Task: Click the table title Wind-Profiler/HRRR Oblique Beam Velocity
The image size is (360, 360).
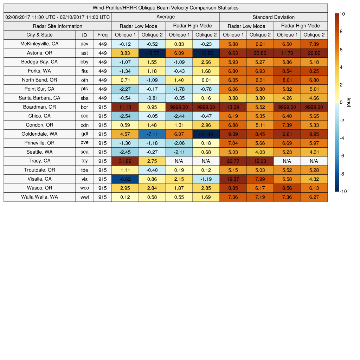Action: point(165,8)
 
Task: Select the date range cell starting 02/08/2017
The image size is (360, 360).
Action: point(58,17)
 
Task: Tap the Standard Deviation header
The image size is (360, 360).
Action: point(273,17)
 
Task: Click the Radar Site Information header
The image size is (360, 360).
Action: point(57,26)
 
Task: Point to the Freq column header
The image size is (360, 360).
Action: point(102,35)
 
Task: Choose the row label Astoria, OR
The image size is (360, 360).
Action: point(39,53)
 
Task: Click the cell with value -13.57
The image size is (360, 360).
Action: point(152,53)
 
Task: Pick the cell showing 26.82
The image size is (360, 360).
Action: point(314,53)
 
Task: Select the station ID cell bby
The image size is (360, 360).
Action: point(84,62)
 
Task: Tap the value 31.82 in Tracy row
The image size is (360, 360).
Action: point(125,161)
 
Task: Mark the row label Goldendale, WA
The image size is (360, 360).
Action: point(39,134)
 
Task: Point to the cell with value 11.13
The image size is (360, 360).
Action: point(125,107)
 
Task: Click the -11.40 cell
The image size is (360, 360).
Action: point(206,134)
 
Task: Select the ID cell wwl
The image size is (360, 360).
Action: point(84,197)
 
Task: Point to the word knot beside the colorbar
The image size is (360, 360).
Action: point(349,102)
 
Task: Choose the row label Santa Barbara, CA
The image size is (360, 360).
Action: point(39,98)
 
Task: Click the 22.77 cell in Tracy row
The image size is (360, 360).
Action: point(233,161)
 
